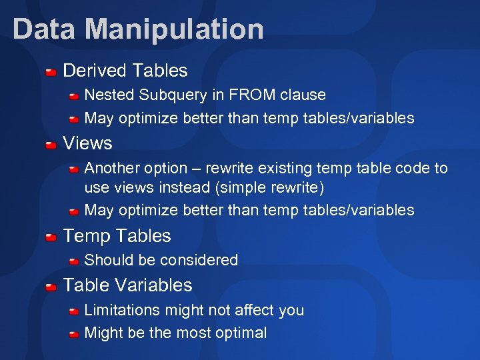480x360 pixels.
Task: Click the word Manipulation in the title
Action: coord(175,29)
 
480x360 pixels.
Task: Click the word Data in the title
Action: coord(45,29)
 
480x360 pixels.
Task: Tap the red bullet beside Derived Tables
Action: coord(51,71)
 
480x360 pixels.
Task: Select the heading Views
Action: coord(87,143)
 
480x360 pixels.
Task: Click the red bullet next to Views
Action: coord(51,144)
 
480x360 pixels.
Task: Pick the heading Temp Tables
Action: coord(117,236)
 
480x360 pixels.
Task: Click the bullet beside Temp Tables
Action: coord(51,237)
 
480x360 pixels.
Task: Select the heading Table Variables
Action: coord(127,285)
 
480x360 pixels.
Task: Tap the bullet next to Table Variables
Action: coord(51,286)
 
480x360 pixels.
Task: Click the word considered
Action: coord(203,260)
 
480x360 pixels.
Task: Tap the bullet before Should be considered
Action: coord(75,261)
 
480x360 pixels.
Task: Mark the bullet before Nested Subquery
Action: coord(75,96)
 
